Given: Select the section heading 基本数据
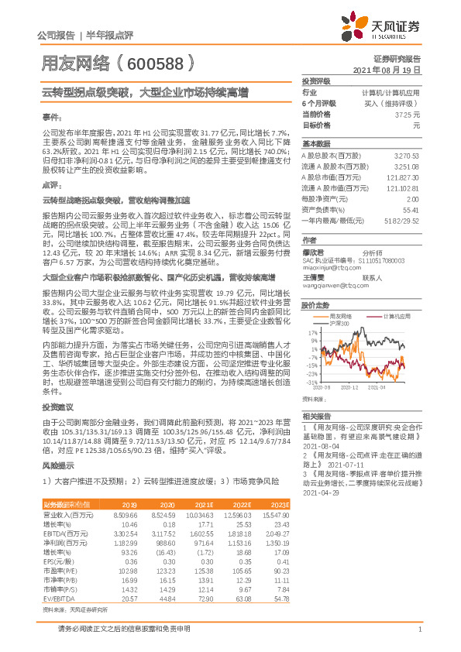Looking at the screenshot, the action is (316, 144).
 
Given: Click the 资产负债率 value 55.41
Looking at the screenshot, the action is (411, 210).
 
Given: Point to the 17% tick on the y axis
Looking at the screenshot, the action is (312, 331).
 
